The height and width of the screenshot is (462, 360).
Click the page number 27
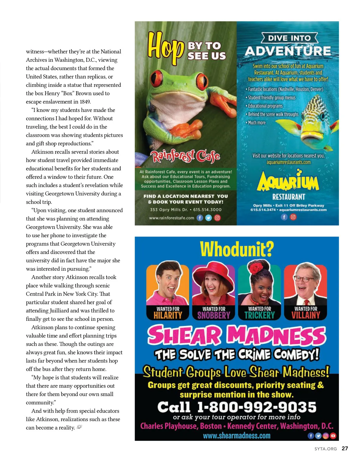tap(345, 449)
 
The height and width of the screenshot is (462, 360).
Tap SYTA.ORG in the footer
tap(325, 449)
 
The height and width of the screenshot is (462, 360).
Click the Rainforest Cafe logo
tap(185, 156)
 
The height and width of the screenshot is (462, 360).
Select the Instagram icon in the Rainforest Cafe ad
tap(217, 218)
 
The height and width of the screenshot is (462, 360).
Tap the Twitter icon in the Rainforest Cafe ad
tap(208, 218)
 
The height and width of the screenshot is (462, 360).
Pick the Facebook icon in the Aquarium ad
tap(284, 217)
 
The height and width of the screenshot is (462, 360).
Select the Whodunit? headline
tap(237, 249)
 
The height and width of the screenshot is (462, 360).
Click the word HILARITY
tap(168, 315)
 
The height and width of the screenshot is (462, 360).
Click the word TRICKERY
tap(259, 315)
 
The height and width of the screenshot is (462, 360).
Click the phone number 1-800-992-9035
tap(256, 407)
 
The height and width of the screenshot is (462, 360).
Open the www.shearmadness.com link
tap(236, 436)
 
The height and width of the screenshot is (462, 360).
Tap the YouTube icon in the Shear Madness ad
tap(333, 436)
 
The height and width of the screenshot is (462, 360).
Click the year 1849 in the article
tap(85, 102)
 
